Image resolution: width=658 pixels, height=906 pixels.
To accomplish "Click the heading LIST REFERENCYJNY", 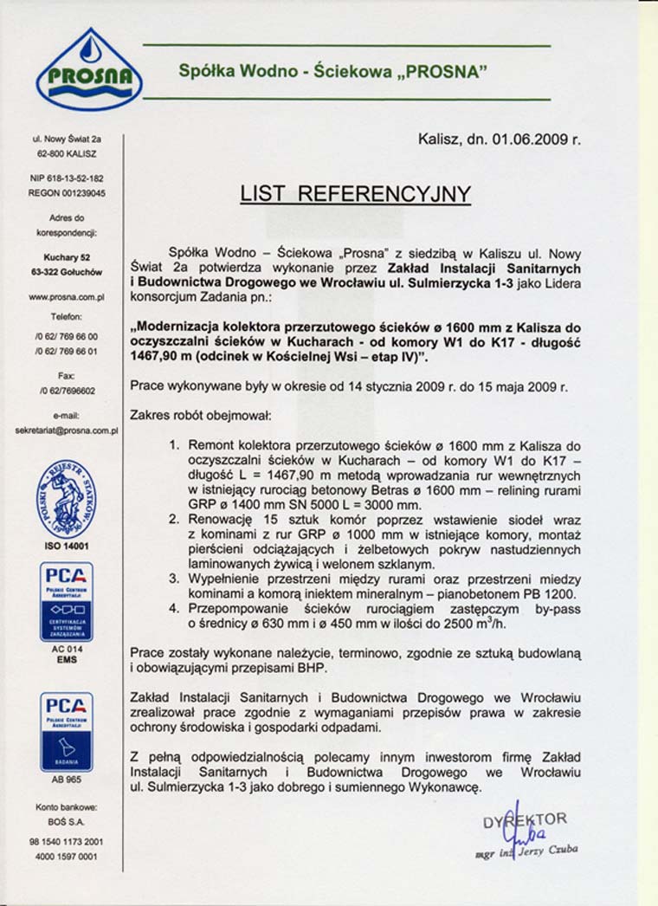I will pyautogui.click(x=355, y=193).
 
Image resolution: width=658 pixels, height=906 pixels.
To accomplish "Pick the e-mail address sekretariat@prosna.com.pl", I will pyautogui.click(x=67, y=429).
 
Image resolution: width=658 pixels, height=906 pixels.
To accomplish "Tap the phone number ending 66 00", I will pyautogui.click(x=67, y=336).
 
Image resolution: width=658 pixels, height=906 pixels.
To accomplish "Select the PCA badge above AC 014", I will pyautogui.click(x=67, y=601).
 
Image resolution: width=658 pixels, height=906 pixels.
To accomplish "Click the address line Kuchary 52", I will pyautogui.click(x=67, y=257).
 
